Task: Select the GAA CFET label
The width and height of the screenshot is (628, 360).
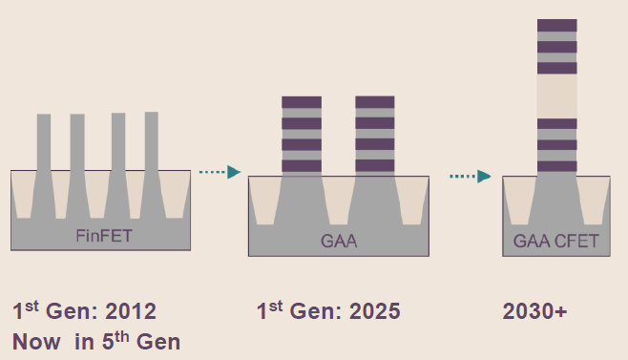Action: (555, 242)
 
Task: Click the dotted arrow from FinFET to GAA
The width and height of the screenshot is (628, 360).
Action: (220, 172)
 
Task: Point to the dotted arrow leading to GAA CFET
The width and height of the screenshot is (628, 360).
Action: (471, 176)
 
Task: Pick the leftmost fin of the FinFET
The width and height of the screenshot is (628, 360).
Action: (44, 143)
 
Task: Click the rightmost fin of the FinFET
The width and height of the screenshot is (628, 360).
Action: (151, 143)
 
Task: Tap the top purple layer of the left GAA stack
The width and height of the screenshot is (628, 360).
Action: (301, 101)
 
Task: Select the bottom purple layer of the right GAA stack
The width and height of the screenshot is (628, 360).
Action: (375, 167)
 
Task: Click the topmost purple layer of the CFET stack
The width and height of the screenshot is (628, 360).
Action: (556, 25)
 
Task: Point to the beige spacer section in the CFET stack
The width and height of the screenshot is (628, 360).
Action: (556, 95)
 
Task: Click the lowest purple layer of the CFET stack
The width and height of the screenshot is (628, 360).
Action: (556, 166)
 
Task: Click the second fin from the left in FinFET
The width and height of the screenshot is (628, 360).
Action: (77, 143)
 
